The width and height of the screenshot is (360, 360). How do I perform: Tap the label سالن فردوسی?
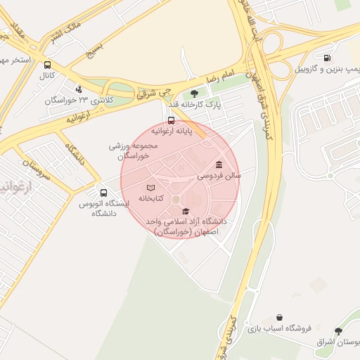click(x=219, y=175)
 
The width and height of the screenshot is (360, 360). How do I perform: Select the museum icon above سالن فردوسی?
click(x=219, y=164)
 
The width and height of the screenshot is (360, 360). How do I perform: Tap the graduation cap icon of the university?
click(x=186, y=211)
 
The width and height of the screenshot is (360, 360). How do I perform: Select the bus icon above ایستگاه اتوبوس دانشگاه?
click(x=104, y=193)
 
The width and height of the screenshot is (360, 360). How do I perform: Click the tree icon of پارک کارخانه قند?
click(x=194, y=94)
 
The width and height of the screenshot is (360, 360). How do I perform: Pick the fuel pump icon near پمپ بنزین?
click(x=326, y=58)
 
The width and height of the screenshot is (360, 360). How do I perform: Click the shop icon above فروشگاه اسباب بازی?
click(x=281, y=318)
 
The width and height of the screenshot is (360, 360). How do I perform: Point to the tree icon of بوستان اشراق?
click(x=339, y=331)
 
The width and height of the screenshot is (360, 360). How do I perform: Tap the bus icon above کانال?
click(x=47, y=65)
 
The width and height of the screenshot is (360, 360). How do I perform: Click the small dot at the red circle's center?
click(x=176, y=200)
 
